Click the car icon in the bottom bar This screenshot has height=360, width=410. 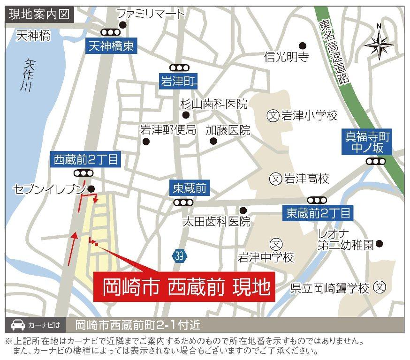tap(17, 324)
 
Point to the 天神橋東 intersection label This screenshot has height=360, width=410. tap(112, 46)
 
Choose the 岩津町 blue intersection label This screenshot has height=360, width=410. tap(177, 81)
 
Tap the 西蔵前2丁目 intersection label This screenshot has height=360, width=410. tap(86, 160)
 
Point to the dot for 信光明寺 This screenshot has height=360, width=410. tap(303, 45)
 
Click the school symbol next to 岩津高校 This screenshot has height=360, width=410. tap(276, 178)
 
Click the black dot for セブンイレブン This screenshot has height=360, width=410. tap(91, 189)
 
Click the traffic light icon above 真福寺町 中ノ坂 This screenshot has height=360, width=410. tap(376, 161)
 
